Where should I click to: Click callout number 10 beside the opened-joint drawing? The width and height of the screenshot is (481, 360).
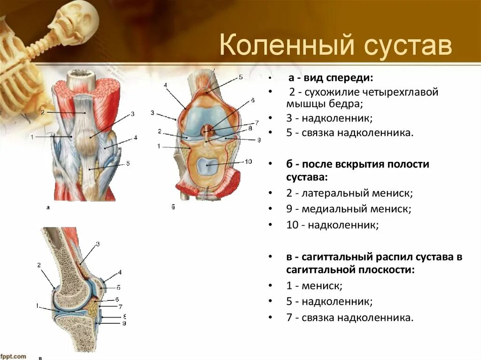248,161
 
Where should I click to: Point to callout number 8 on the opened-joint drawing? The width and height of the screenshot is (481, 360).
250,128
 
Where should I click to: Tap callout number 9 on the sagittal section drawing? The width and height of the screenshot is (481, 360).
124,323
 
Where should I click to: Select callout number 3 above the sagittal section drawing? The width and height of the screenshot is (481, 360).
98,244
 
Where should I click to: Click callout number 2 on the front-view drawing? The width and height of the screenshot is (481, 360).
42,112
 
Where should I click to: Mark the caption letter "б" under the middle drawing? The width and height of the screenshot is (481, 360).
173,207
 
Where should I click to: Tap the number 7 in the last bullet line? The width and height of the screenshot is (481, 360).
289,318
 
